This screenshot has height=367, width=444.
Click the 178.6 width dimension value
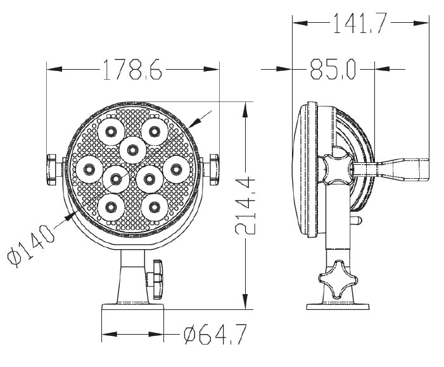[x=132, y=70]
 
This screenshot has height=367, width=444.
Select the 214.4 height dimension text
[x=245, y=205]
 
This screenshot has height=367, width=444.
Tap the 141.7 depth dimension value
[x=360, y=23]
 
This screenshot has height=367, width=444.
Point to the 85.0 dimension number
[x=333, y=69]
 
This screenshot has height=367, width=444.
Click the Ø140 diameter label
[x=30, y=245]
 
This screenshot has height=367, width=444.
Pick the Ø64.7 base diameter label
[x=215, y=335]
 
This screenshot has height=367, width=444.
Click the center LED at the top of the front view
[x=132, y=150]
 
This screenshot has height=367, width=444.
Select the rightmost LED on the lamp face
[x=176, y=169]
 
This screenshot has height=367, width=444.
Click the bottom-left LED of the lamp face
[x=111, y=207]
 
